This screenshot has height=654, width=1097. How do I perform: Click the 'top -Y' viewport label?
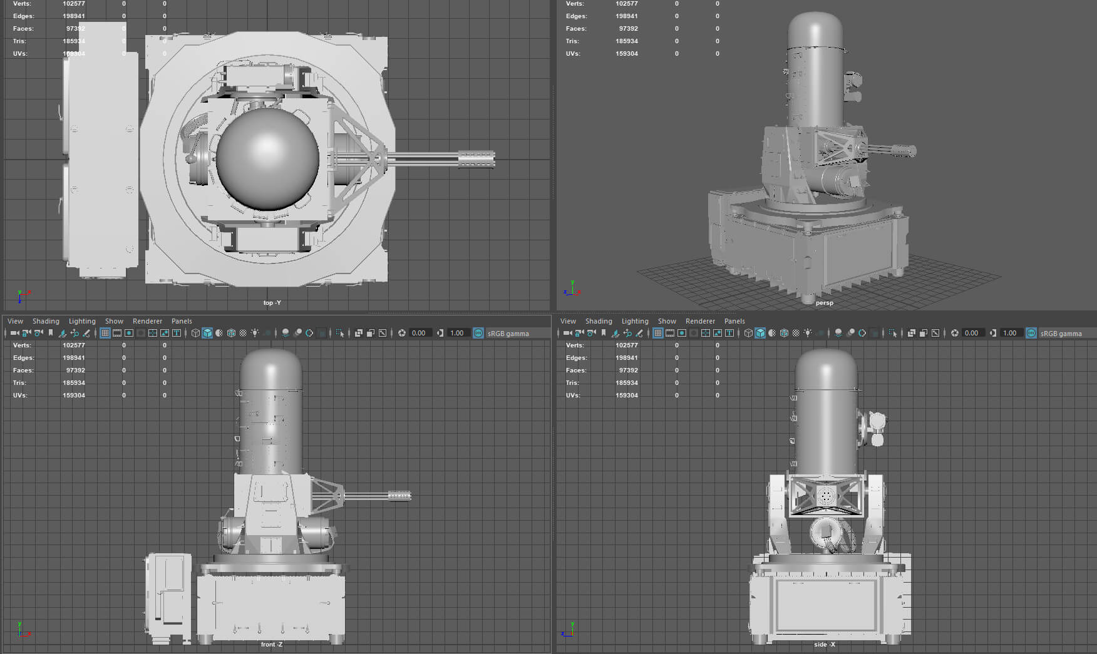272,303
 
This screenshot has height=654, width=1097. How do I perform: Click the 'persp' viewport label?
824,303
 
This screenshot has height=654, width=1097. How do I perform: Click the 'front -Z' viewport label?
272,645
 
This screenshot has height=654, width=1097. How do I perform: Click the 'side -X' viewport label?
824,645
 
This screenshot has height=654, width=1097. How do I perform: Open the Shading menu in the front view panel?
46,321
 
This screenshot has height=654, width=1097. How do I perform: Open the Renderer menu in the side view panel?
700,321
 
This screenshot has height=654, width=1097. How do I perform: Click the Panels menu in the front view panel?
182,321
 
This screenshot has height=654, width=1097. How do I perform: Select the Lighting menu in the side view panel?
635,321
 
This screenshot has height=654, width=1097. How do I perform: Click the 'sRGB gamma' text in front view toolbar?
508,334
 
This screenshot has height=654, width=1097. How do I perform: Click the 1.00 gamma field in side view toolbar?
1009,333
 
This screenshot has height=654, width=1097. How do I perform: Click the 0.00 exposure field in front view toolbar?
419,333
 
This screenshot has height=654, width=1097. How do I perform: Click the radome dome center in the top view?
267,159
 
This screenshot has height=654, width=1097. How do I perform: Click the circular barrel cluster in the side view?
827,496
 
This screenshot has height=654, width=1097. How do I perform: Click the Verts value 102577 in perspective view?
626,4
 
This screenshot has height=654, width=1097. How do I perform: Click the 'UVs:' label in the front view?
20,395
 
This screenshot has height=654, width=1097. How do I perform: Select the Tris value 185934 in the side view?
626,382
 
